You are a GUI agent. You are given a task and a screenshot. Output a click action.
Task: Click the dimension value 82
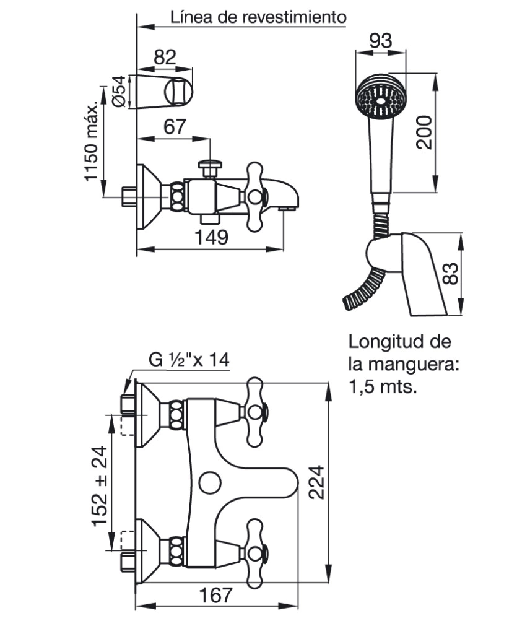(165, 58)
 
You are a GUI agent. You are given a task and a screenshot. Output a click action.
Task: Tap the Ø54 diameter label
(119, 92)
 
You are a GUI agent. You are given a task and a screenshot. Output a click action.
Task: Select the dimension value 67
(174, 127)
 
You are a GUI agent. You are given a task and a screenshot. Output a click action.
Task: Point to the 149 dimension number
(211, 237)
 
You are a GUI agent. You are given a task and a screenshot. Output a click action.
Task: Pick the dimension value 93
(381, 41)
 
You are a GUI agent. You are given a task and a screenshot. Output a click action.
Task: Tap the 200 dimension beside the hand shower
(424, 132)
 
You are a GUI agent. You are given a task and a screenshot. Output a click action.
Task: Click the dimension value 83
(450, 274)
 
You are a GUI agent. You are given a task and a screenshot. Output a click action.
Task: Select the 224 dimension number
(316, 482)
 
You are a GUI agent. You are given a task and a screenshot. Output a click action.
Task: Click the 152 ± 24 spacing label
(100, 485)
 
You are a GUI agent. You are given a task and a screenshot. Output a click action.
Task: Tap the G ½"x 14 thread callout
(189, 360)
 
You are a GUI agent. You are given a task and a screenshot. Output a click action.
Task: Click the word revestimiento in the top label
(294, 17)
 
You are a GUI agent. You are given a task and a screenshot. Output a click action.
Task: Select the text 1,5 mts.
(383, 387)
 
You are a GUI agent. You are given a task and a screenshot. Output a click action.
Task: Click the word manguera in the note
(415, 365)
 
